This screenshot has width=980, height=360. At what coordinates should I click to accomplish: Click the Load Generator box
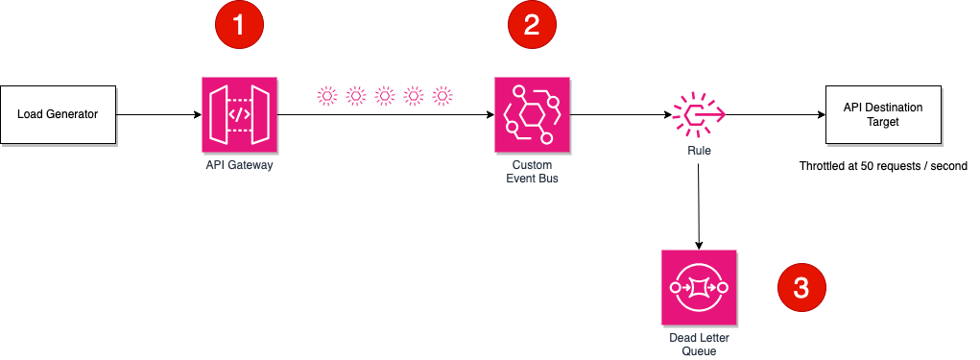[58, 114]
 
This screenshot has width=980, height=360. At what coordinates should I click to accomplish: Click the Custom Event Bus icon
[531, 114]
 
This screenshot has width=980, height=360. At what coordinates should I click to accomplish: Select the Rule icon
[699, 115]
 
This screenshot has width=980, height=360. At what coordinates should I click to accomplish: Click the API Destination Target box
[882, 114]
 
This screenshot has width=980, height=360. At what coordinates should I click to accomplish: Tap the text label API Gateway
[239, 165]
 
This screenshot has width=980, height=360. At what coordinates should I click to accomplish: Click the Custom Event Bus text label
[531, 171]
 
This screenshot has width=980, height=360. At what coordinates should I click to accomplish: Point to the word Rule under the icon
[699, 151]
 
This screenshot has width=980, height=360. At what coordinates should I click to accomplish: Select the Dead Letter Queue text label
[699, 344]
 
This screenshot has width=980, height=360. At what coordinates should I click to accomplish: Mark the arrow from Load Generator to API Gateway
[158, 115]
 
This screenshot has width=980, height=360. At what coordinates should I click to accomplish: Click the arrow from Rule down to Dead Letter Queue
[699, 206]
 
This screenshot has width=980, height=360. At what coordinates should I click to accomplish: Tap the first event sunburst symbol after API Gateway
[327, 95]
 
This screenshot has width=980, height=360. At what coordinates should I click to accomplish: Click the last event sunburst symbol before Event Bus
[442, 95]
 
